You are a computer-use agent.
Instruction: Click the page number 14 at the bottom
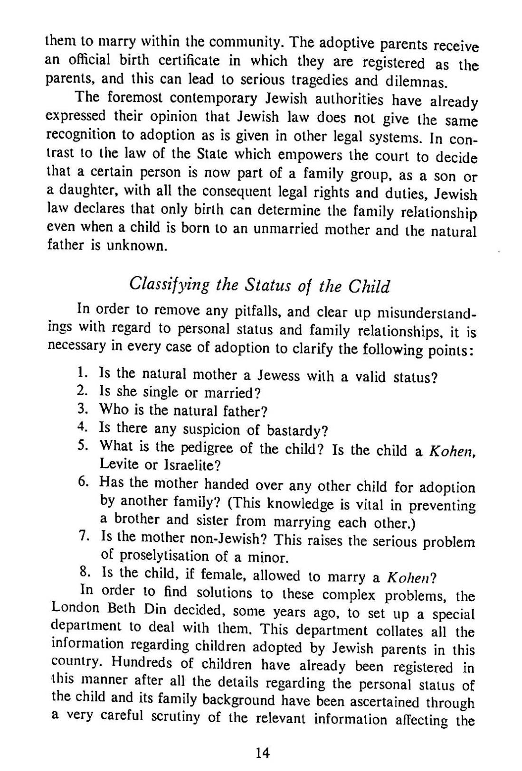[262, 752]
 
